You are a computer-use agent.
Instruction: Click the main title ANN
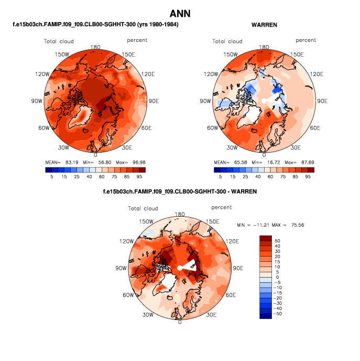(180, 13)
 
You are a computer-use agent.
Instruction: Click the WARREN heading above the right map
(264, 25)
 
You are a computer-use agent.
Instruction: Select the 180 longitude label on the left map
(95, 47)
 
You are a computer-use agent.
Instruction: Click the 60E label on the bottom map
(232, 295)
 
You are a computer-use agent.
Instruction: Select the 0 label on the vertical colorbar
(278, 277)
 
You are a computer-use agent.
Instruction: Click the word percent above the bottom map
(222, 208)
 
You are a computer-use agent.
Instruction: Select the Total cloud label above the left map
(59, 41)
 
